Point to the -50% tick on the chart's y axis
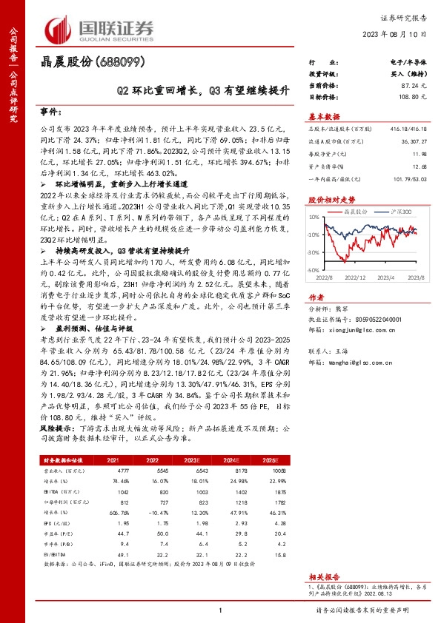click(314, 270)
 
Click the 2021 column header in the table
click(113, 460)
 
